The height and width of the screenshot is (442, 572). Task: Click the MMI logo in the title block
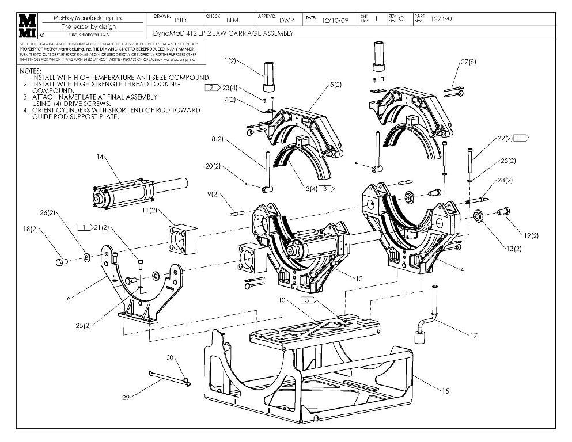27,26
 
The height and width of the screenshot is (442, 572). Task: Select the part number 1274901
442,19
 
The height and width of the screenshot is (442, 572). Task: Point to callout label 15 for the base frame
445,391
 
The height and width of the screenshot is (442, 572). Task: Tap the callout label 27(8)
468,62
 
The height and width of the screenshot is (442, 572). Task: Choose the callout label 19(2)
531,235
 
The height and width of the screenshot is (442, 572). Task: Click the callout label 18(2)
31,228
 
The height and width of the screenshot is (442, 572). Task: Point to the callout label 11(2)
149,211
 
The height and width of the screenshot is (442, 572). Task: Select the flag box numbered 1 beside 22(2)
521,138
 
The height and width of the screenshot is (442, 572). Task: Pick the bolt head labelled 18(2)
60,262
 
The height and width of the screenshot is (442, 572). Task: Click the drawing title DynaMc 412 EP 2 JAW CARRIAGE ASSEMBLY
224,33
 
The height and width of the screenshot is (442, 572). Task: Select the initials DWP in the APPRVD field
287,20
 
